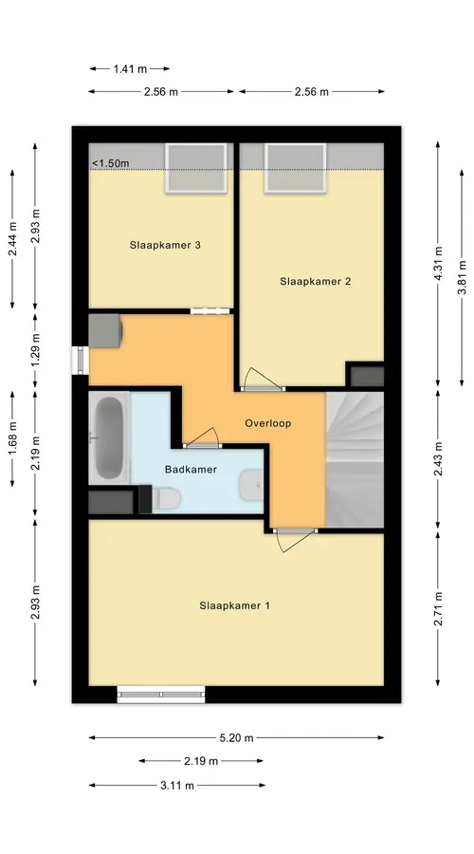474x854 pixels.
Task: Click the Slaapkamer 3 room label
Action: pyautogui.click(x=165, y=245)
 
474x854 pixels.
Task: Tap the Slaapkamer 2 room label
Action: pyautogui.click(x=315, y=282)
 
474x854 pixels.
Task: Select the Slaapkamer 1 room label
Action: pyautogui.click(x=234, y=605)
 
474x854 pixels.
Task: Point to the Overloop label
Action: pyautogui.click(x=267, y=423)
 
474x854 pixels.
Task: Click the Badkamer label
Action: pyautogui.click(x=191, y=470)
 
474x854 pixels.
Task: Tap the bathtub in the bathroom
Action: pyautogui.click(x=109, y=437)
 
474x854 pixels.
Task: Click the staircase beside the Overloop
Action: pyautogui.click(x=355, y=459)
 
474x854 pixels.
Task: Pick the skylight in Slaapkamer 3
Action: pyautogui.click(x=196, y=168)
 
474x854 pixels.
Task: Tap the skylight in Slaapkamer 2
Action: pyautogui.click(x=296, y=168)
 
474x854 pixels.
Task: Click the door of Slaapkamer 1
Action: pyautogui.click(x=295, y=539)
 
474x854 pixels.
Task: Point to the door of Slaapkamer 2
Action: pyautogui.click(x=263, y=381)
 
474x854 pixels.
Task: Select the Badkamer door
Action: pyautogui.click(x=202, y=437)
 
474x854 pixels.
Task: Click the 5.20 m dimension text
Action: pyautogui.click(x=236, y=738)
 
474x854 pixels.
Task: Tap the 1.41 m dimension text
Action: pyautogui.click(x=130, y=68)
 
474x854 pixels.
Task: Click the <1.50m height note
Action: pyautogui.click(x=111, y=163)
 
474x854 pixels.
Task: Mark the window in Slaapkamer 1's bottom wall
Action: pyautogui.click(x=161, y=695)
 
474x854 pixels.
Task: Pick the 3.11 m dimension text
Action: pyautogui.click(x=177, y=786)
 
